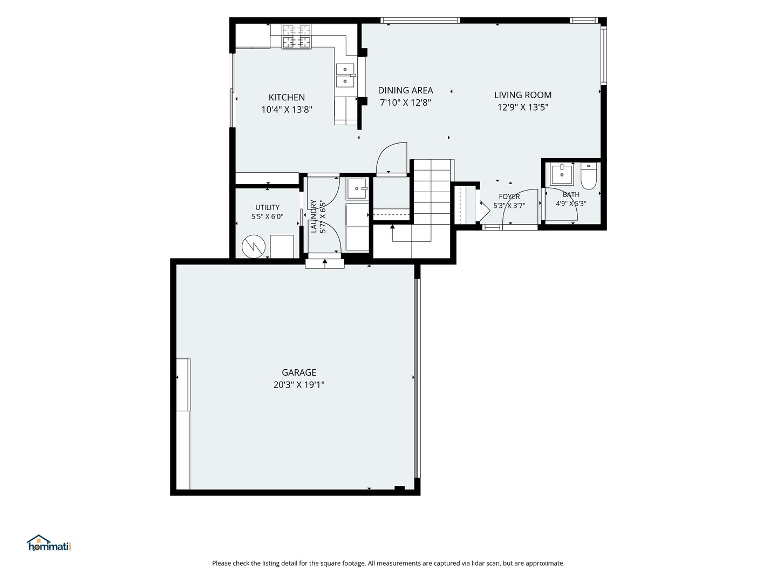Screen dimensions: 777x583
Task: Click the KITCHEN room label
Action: coord(287,97)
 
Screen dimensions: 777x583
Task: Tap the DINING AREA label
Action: coord(405,90)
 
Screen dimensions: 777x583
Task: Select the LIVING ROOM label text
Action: coord(522,95)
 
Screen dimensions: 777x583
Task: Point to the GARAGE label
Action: coord(299,372)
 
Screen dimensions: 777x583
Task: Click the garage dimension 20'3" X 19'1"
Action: coord(299,385)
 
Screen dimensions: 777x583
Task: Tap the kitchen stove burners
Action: coord(296,36)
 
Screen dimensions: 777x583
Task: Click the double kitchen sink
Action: coord(345,76)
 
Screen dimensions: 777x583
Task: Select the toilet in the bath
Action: coord(588,176)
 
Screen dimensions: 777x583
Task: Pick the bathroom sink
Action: coord(561,174)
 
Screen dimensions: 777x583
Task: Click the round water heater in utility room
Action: coord(254,246)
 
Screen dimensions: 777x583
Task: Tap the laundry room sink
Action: coord(357,189)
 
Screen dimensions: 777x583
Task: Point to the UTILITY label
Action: coord(267,207)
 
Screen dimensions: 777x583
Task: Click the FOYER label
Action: coord(509,196)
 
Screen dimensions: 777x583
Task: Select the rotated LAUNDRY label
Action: coord(313,216)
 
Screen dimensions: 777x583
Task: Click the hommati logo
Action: coord(50,544)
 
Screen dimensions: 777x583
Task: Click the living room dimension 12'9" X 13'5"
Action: coord(522,107)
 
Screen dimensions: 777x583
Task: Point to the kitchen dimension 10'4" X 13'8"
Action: coord(287,110)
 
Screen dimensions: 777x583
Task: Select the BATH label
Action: coord(571,194)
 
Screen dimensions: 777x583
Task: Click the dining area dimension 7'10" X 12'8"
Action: coord(405,103)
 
